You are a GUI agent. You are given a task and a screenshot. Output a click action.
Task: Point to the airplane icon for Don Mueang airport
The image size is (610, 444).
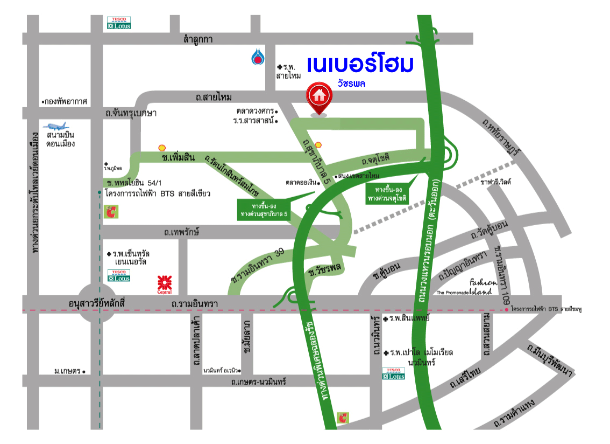tap(56, 126)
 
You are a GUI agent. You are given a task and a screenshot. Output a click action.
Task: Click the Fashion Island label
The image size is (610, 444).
tap(480, 287)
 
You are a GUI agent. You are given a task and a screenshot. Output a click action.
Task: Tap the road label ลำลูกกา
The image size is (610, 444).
tap(198, 39)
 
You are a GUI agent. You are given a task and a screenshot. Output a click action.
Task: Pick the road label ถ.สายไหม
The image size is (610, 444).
tap(214, 97)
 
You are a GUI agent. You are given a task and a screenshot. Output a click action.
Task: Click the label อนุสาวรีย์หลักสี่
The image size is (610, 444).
tap(97, 304)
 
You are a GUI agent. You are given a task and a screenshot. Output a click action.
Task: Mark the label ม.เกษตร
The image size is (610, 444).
tap(67, 371)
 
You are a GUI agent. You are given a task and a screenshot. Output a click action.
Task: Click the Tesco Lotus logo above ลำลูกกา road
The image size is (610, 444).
tap(118, 23)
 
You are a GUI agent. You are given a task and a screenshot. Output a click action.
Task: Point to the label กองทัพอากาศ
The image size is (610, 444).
tap(66, 101)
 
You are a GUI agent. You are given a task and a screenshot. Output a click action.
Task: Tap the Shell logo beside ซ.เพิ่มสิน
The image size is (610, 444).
tap(161, 147)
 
